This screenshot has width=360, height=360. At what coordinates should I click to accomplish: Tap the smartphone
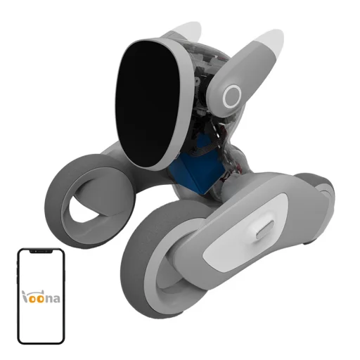41,295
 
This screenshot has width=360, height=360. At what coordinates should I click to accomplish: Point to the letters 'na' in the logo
53,298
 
